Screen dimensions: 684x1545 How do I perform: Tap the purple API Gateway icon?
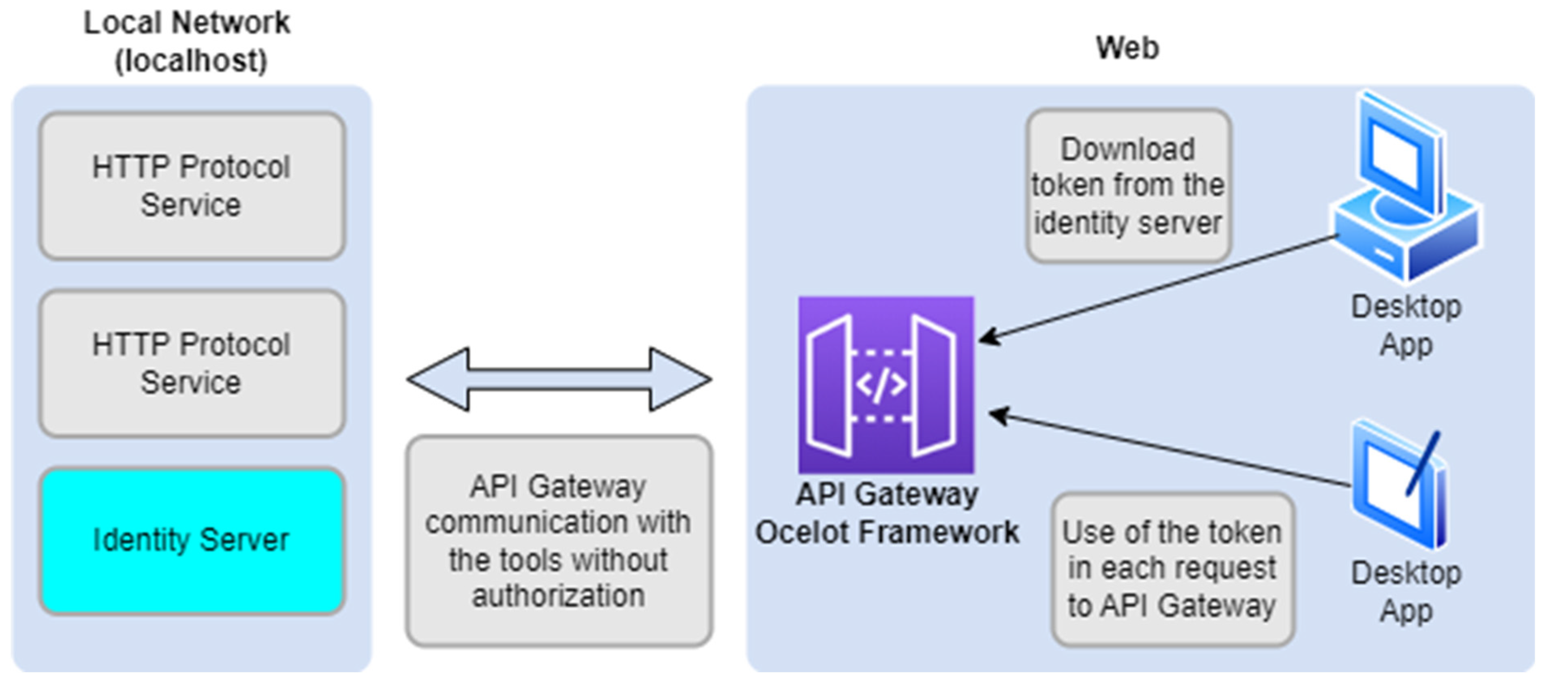pyautogui.click(x=886, y=385)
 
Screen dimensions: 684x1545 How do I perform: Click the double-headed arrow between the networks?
pyautogui.click(x=559, y=379)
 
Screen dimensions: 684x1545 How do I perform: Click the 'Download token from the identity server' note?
pyautogui.click(x=1128, y=186)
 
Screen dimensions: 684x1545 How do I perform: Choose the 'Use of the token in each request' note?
pyautogui.click(x=1172, y=569)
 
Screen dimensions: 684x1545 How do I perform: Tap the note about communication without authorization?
pyautogui.click(x=559, y=541)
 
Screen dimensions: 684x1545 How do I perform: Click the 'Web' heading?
pyautogui.click(x=1127, y=48)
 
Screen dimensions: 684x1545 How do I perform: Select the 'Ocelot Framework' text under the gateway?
pyautogui.click(x=886, y=532)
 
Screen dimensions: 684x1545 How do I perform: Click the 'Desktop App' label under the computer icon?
pyautogui.click(x=1406, y=326)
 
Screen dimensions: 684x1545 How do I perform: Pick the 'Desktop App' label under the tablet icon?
pyautogui.click(x=1406, y=592)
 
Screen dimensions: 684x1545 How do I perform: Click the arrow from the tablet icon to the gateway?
pyautogui.click(x=1169, y=449)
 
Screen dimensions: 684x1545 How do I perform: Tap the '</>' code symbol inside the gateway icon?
pyautogui.click(x=881, y=385)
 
